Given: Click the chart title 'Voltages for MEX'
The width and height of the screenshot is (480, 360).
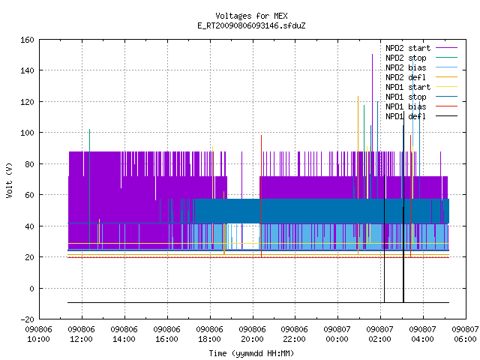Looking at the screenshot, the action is pyautogui.click(x=251, y=16).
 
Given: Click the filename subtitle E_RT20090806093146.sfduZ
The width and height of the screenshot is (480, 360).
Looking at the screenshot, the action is pyautogui.click(x=251, y=25).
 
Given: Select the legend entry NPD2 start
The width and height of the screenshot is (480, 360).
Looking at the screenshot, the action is pyautogui.click(x=421, y=48).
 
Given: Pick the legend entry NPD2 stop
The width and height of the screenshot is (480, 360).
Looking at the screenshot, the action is pyautogui.click(x=421, y=58).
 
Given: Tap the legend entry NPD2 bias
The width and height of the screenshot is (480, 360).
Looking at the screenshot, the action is pyautogui.click(x=421, y=67).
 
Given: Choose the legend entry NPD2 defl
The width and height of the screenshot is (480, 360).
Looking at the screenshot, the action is pyautogui.click(x=421, y=77).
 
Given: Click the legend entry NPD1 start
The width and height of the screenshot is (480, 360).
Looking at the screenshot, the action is pyautogui.click(x=421, y=87).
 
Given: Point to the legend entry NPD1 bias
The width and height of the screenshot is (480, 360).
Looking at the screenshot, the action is pyautogui.click(x=421, y=106).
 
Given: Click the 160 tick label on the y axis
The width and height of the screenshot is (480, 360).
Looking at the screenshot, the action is pyautogui.click(x=27, y=40).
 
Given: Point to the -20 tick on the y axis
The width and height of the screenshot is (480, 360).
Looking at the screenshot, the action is pyautogui.click(x=27, y=319).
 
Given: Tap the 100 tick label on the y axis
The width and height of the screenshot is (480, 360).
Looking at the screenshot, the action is pyautogui.click(x=27, y=133).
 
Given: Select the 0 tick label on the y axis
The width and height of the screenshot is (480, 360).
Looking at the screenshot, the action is pyautogui.click(x=31, y=288).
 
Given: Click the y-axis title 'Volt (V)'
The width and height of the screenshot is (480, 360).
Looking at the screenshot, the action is pyautogui.click(x=9, y=181).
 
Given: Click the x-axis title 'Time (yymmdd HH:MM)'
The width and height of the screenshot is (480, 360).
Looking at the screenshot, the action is pyautogui.click(x=251, y=353).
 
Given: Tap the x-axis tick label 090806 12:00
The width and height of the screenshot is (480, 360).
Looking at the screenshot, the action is pyautogui.click(x=82, y=334).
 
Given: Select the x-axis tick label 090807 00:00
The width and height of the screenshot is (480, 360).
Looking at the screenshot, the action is pyautogui.click(x=337, y=334).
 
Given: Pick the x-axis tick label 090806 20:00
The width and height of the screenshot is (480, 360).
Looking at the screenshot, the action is pyautogui.click(x=252, y=334).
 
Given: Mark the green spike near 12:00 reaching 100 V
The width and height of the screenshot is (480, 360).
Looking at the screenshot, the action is pyautogui.click(x=90, y=190).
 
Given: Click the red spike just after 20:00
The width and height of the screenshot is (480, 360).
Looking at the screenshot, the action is pyautogui.click(x=262, y=196).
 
